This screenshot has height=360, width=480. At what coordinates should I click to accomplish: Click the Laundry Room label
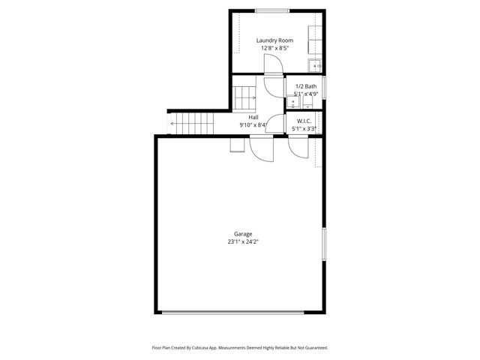coord(274,40)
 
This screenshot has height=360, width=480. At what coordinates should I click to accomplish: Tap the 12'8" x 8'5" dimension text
coord(274,49)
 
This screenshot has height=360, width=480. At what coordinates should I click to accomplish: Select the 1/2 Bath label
coord(305,87)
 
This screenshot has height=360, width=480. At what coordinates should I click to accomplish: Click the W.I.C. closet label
coord(304,120)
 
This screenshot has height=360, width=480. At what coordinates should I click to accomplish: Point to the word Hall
coord(253,118)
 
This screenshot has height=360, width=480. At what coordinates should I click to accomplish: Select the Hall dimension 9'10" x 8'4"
coord(253,125)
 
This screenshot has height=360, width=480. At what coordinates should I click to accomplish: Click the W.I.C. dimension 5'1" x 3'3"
coord(304,128)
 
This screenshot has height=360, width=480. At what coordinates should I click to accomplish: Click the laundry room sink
coord(316,65)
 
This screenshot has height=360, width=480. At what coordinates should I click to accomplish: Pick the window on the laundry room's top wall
coord(273,10)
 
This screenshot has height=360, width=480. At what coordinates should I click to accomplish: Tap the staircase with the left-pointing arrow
coord(192,123)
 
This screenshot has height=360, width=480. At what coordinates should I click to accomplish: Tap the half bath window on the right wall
coord(324,85)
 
